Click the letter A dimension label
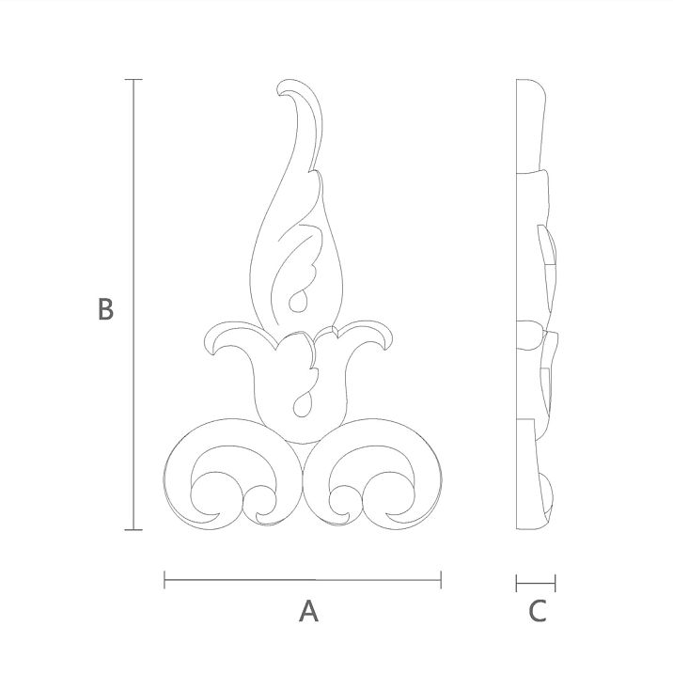point(308,612)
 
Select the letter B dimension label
point(105,309)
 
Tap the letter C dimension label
point(537,612)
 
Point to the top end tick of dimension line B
point(133,80)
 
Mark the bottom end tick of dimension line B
point(133,530)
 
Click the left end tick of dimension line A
point(164,581)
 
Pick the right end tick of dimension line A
point(441,581)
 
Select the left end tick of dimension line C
point(517,583)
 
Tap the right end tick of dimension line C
point(556,583)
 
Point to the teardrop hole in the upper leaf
point(296,301)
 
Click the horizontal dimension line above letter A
point(303,581)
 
